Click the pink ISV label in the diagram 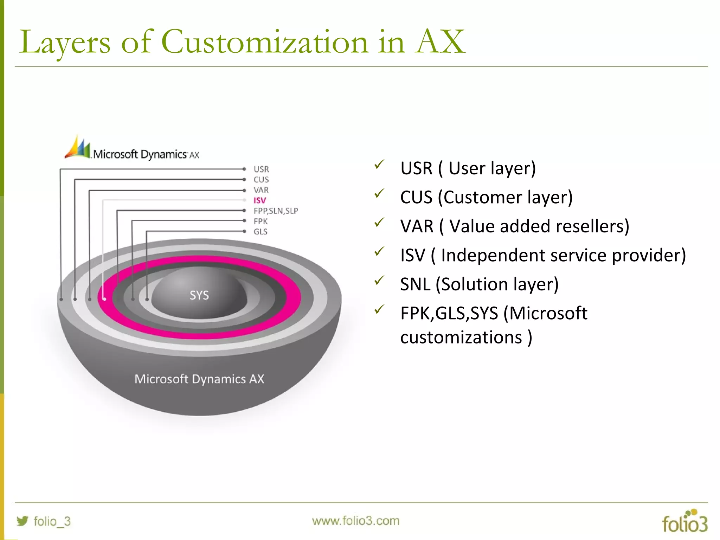coord(260,200)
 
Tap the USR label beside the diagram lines coord(261,169)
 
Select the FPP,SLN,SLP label coord(276,211)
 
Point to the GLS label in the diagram coord(261,232)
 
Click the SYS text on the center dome coord(199,295)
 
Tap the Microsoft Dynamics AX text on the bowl coord(199,379)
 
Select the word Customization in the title coord(265,42)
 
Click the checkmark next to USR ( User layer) coord(379,164)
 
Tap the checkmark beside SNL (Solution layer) coord(379,280)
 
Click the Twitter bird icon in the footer coord(22,521)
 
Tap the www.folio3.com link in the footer coord(356,521)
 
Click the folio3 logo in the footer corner coord(684,522)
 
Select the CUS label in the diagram coord(261,180)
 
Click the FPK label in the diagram coord(261,221)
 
